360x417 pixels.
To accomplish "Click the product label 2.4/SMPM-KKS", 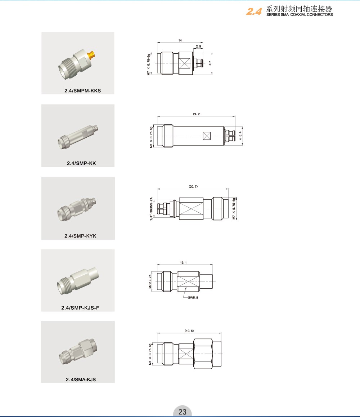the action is pos(83,91).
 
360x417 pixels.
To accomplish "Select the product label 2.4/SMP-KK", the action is pos(81,163).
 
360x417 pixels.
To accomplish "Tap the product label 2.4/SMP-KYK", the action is pos(80,236).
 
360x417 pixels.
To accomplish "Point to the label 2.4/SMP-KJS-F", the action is pos(80,308).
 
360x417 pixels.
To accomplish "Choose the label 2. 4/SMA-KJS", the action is pos(81,380).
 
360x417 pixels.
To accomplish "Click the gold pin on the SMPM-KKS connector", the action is pos(92,55).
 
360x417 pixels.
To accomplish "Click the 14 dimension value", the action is pos(180,40).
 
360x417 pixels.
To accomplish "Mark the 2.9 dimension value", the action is pos(198,46).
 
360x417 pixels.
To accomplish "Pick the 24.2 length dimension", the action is pos(196,114).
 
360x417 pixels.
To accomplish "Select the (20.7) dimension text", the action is pos(193,186).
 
